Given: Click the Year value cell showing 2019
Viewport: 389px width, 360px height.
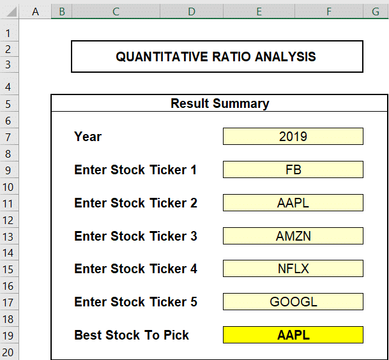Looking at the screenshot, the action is click(x=293, y=137).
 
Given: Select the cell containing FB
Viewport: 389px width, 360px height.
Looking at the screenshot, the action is click(x=293, y=170).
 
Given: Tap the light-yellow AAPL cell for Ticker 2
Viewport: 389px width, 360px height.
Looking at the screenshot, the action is click(x=293, y=203).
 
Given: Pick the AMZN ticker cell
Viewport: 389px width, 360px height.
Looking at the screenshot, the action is click(x=293, y=236).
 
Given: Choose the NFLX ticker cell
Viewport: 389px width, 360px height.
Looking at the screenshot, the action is click(x=293, y=269).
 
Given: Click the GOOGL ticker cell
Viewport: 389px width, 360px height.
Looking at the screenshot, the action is click(x=293, y=302).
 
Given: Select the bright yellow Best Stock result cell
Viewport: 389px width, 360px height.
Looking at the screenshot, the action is click(x=293, y=335).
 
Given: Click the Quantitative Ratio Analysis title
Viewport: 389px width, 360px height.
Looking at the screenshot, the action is click(x=216, y=57).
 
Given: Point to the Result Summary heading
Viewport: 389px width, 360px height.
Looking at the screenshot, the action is click(x=220, y=103).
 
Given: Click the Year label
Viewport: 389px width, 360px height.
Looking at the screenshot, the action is click(x=88, y=137).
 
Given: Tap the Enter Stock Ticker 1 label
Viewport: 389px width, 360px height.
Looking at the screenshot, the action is click(x=135, y=170).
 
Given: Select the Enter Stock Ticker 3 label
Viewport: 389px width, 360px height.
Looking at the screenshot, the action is click(x=135, y=236).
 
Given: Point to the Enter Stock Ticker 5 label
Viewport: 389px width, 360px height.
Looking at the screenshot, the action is click(x=135, y=302).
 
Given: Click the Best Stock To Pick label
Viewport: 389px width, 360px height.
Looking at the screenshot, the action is click(x=132, y=335).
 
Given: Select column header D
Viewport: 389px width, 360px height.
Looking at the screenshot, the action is click(x=192, y=11).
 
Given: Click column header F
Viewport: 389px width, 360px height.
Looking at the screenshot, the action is click(x=329, y=11).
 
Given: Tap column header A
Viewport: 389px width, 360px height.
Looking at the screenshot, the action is click(x=35, y=11).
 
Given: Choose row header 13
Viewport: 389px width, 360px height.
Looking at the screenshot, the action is click(x=8, y=237).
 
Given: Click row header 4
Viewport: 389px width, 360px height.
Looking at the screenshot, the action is click(x=8, y=87).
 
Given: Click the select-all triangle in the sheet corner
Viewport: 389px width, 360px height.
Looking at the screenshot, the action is click(x=11, y=11).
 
